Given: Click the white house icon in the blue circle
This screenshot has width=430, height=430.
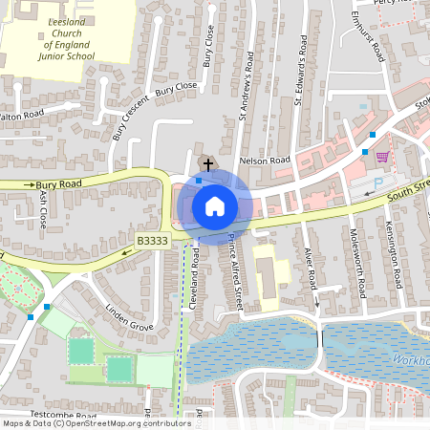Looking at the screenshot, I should point(214,205).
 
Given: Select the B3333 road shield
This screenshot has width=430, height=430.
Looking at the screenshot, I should point(151,243).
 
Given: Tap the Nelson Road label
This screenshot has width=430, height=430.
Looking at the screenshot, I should point(264,161).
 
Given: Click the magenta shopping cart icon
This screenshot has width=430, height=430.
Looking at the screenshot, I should point(382,157).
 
